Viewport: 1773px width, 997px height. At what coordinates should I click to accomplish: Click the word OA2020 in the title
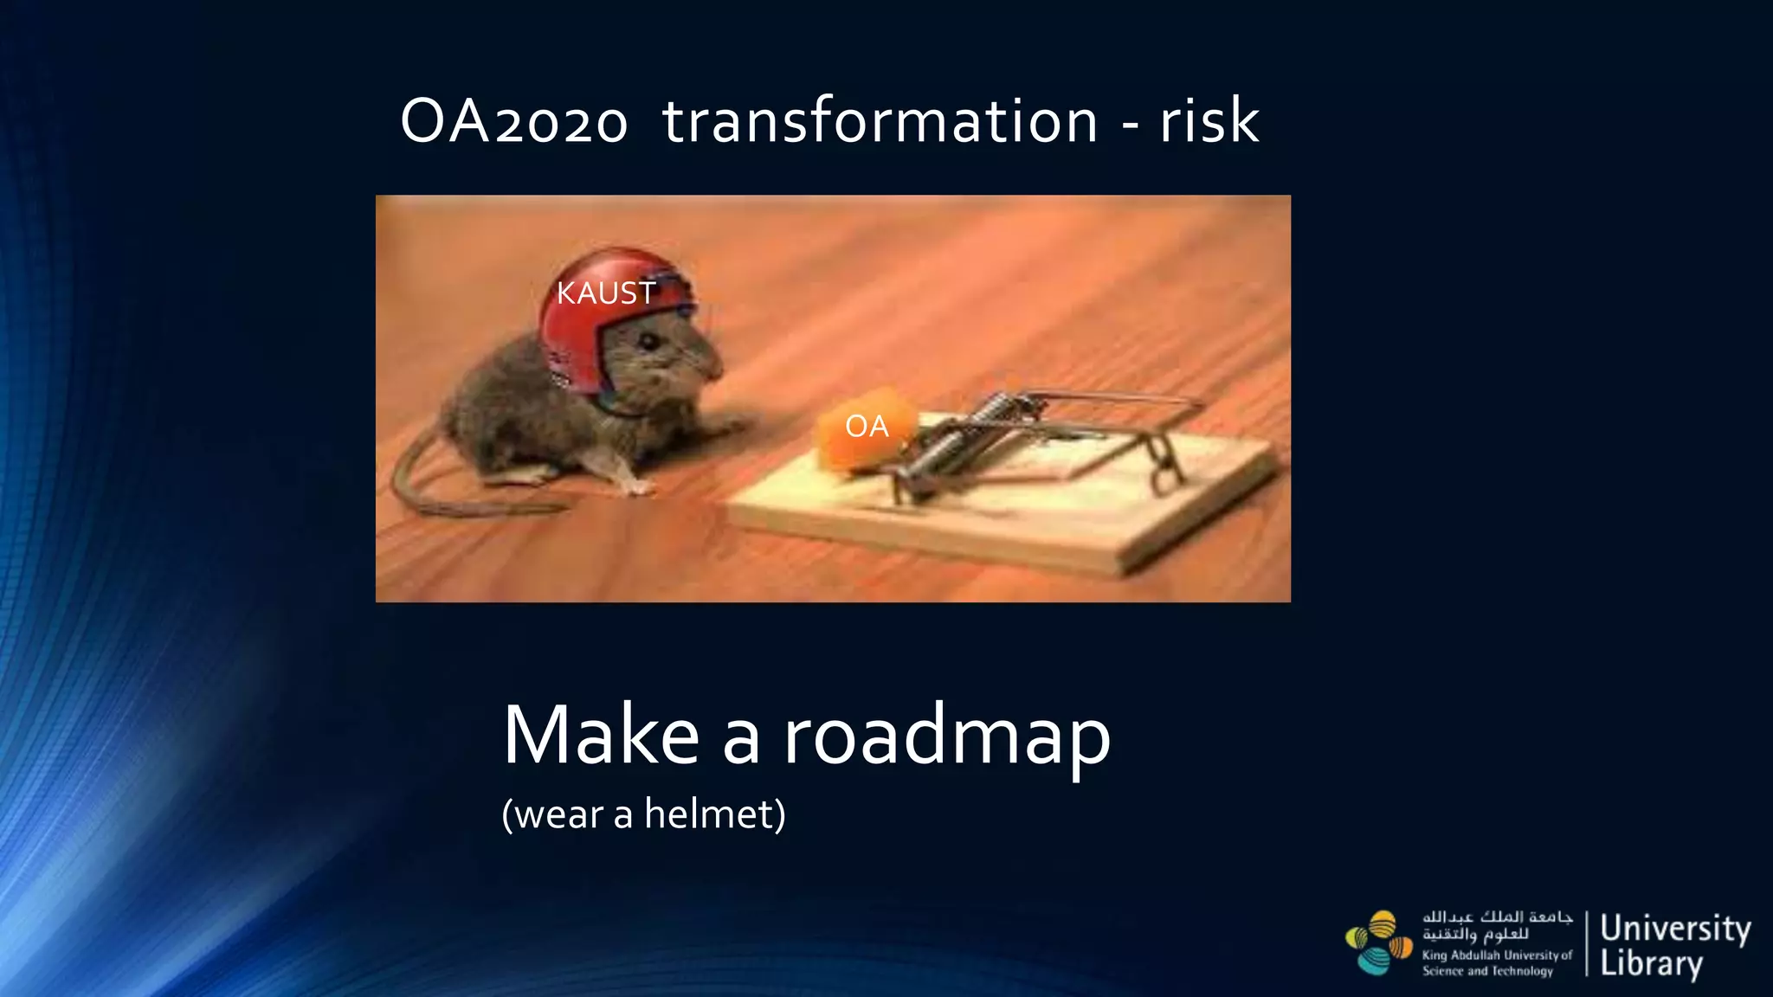pyautogui.click(x=513, y=121)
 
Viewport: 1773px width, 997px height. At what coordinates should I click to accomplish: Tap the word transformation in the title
pyautogui.click(x=880, y=121)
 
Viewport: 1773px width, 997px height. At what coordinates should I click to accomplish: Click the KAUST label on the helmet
pyautogui.click(x=605, y=293)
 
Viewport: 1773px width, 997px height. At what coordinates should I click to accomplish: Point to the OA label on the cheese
pyautogui.click(x=867, y=426)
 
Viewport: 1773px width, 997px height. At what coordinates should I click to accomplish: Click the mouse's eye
pyautogui.click(x=648, y=341)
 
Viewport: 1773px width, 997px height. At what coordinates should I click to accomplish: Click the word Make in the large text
pyautogui.click(x=601, y=736)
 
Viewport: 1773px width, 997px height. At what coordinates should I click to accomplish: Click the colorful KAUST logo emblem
pyautogui.click(x=1378, y=942)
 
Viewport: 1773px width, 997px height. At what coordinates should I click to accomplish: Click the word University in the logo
pyautogui.click(x=1675, y=928)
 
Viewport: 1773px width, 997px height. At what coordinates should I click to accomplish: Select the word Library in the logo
pyautogui.click(x=1651, y=963)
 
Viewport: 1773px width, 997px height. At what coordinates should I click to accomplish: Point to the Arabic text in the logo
pyautogui.click(x=1496, y=925)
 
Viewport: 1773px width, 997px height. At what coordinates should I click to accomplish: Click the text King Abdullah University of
pyautogui.click(x=1497, y=955)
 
